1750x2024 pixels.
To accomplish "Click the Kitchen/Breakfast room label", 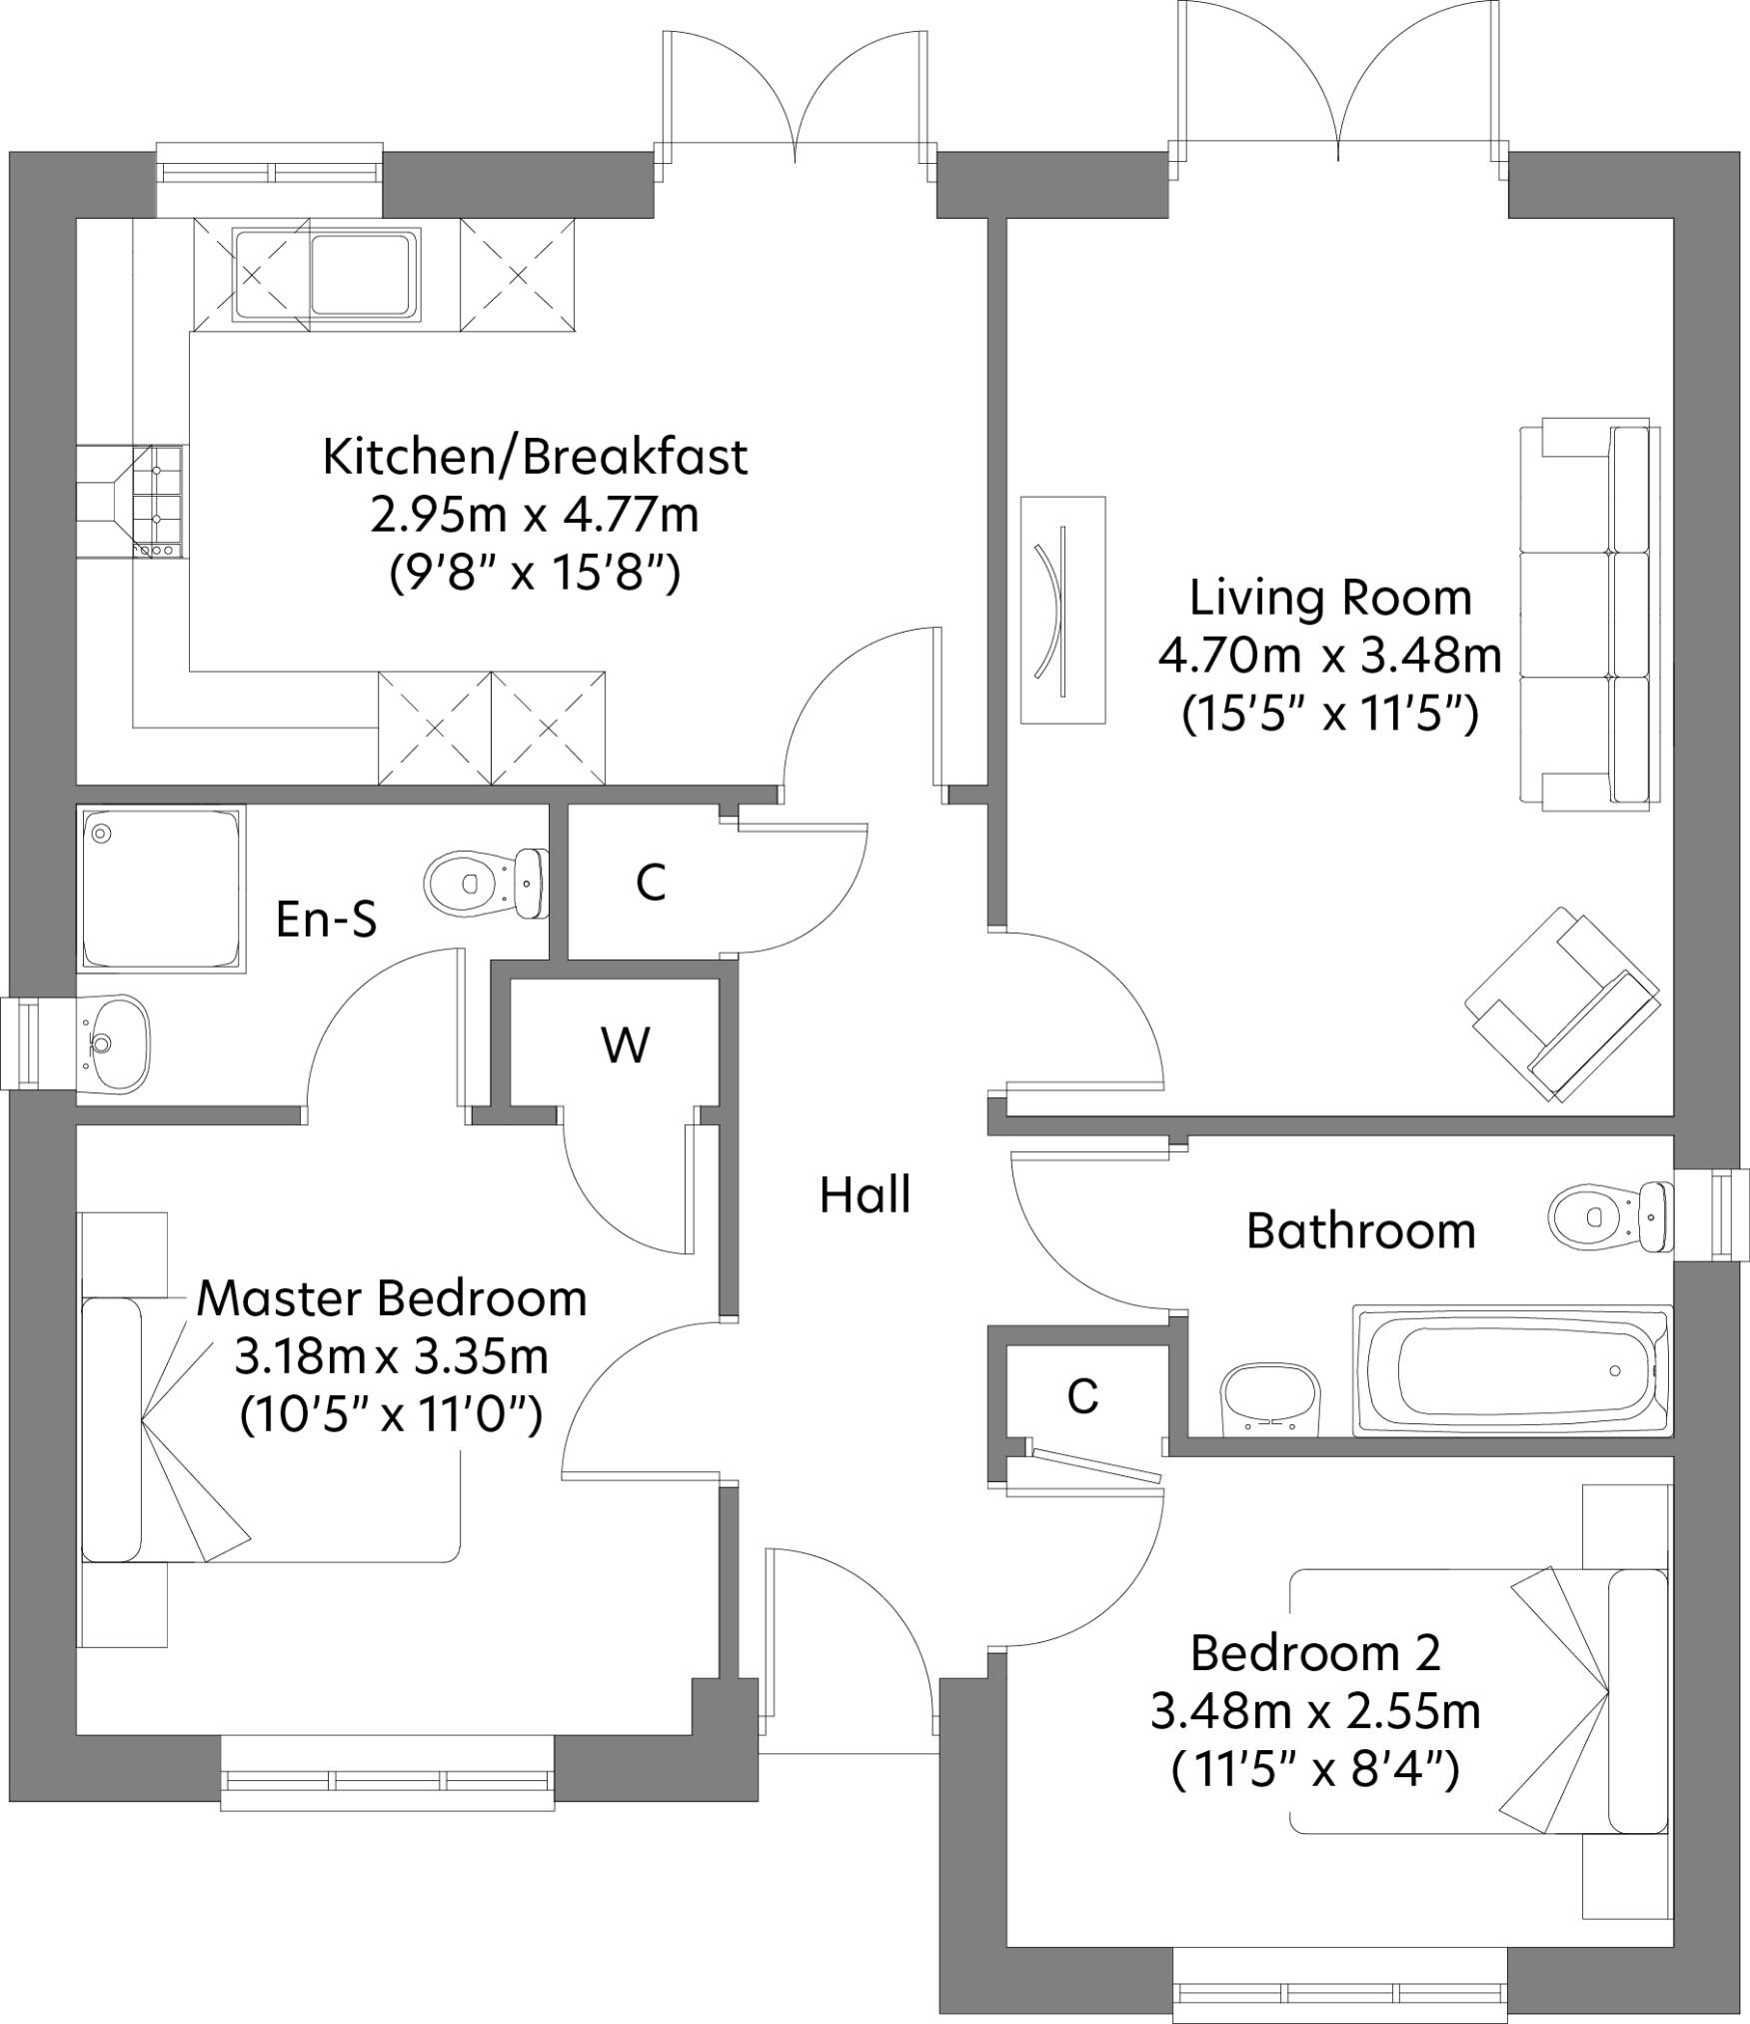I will (x=535, y=458).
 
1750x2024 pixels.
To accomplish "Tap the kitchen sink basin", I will (x=362, y=273).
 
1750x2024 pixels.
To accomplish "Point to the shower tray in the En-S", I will (x=161, y=888).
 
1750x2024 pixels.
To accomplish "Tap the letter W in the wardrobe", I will (x=626, y=1044).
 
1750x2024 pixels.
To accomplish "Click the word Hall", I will (x=865, y=1195).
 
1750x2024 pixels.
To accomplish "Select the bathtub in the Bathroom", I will (x=1510, y=1370).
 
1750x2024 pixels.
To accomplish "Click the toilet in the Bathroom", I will (x=1610, y=1216).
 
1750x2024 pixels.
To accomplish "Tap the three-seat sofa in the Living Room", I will (x=1587, y=615).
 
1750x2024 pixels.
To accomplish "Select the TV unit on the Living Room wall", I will (x=1062, y=610).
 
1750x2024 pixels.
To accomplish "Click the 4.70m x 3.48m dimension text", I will (x=1330, y=657).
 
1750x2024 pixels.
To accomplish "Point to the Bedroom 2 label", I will (x=1315, y=1653).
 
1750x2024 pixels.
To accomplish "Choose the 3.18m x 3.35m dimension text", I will (x=392, y=1357).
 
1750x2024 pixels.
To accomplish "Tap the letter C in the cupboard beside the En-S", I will (x=651, y=882).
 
